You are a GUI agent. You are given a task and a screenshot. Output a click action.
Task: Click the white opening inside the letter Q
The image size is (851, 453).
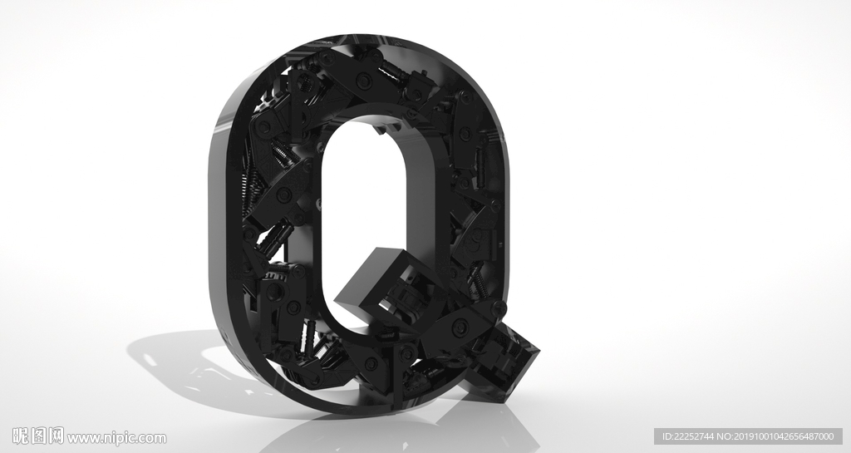tap(364, 217)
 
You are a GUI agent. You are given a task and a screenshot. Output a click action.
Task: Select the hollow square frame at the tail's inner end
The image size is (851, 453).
tap(380, 282)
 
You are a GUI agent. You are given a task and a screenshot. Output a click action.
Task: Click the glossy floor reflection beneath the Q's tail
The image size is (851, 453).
tap(478, 423)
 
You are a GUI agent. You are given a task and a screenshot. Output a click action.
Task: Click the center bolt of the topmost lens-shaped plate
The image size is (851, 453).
tap(363, 81)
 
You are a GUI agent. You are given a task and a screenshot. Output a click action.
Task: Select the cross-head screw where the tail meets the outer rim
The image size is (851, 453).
tap(499, 308)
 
